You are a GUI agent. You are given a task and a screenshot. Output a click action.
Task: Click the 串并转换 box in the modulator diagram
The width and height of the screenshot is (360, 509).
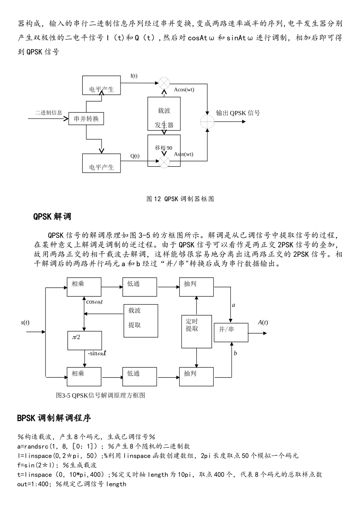pos(86,119)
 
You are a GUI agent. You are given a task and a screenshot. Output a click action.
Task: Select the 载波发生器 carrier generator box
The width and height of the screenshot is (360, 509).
pos(164,114)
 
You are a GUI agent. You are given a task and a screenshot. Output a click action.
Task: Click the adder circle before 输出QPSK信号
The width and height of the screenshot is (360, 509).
pos(207,122)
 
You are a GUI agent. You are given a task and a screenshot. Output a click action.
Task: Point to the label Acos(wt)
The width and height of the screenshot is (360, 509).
pos(184,90)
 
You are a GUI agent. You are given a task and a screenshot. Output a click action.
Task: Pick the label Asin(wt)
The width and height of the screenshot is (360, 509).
pos(184,154)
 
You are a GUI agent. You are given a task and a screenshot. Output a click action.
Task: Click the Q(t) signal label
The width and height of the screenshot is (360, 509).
pos(135,156)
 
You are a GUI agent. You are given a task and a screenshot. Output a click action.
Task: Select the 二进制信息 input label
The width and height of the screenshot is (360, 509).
pos(49,113)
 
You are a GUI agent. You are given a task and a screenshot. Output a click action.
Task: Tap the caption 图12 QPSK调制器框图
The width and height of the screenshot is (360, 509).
pos(180,199)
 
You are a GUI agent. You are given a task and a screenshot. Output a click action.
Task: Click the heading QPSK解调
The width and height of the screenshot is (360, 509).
pos(52,217)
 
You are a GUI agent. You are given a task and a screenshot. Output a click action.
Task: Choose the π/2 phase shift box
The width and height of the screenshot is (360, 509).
pos(84,340)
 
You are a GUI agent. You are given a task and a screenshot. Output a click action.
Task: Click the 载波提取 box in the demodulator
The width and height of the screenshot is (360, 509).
pos(141,320)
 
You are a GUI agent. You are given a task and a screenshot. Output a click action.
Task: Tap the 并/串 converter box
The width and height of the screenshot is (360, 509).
pos(231,333)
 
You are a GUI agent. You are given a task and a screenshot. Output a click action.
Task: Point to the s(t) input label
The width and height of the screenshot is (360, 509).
pos(25,323)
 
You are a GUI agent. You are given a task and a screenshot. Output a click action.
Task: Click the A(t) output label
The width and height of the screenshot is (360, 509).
pos(263,323)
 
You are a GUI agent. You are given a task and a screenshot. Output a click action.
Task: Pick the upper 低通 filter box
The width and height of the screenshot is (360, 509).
pos(139,287)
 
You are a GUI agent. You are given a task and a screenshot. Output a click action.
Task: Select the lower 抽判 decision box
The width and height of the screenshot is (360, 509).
pos(196,376)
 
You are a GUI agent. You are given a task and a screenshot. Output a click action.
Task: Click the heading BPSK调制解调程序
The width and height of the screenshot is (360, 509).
pos(54,418)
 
